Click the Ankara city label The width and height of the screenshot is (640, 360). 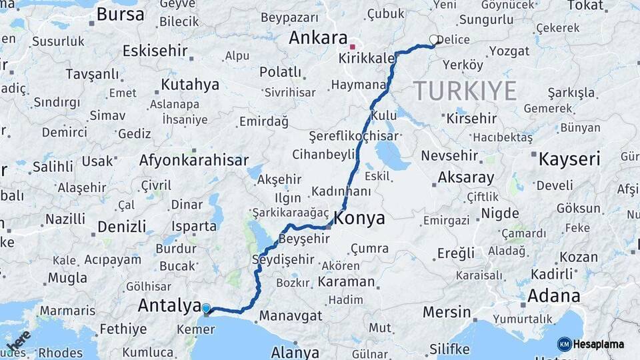click(318, 38)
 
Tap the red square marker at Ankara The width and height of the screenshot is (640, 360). click(352, 47)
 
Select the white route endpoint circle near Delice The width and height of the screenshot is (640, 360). click(435, 40)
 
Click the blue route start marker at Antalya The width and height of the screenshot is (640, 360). click(206, 309)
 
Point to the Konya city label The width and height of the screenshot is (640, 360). click(359, 218)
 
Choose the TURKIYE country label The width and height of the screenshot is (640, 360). click(465, 90)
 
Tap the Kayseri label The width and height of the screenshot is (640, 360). click(569, 159)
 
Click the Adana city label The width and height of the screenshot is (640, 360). click(553, 295)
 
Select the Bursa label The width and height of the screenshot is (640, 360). click(120, 14)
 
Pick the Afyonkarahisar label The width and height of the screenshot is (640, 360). click(193, 160)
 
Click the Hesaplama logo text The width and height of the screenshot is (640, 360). click(599, 344)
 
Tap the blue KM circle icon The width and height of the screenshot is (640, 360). click(564, 344)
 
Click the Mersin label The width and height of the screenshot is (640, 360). click(447, 311)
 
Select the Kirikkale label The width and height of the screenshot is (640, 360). click(367, 59)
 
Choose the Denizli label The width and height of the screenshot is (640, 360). click(121, 226)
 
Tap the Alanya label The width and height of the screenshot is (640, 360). click(295, 353)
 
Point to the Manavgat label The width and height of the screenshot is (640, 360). click(291, 315)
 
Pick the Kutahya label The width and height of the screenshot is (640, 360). click(190, 85)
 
